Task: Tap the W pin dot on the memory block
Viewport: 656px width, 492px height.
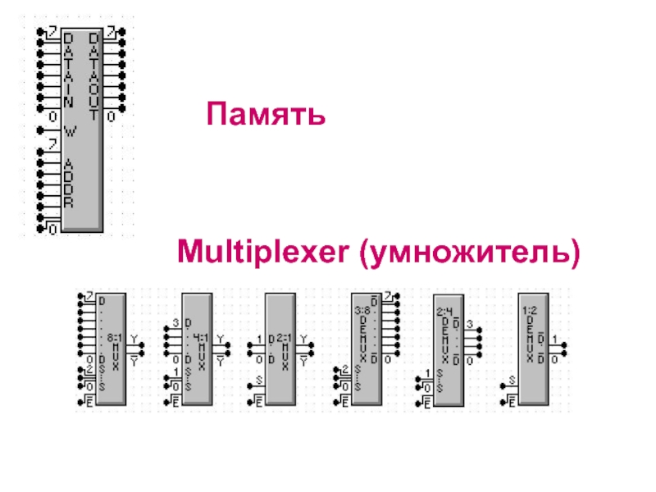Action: [39, 128]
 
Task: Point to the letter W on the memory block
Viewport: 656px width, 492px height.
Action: [69, 128]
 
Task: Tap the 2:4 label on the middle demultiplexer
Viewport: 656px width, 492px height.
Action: [444, 311]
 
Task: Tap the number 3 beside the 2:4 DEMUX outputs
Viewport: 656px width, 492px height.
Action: [469, 325]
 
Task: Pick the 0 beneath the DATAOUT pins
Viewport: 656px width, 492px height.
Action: [109, 117]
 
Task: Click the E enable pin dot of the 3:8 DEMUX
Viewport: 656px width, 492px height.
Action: [332, 401]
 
